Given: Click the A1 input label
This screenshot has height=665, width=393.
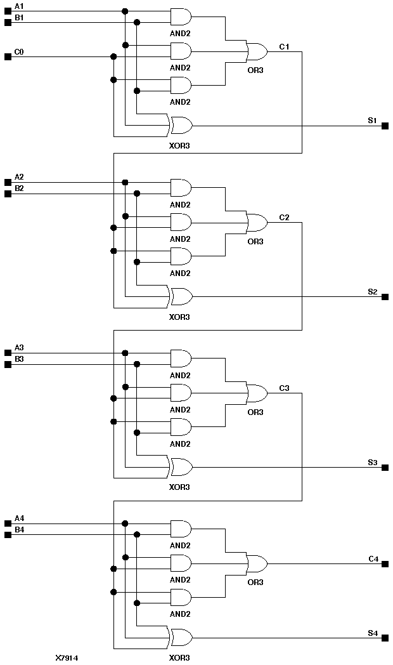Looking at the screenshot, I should [19, 6].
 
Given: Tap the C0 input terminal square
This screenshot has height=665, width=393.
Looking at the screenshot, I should [8, 56].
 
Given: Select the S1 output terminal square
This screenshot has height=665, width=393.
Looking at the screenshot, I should [385, 126].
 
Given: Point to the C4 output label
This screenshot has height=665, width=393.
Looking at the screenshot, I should [373, 558].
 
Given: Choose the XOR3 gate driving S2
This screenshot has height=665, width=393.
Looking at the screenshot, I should [181, 296].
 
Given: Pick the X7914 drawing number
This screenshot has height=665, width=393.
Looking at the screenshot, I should [67, 658].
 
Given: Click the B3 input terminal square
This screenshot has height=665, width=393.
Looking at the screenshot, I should [8, 364].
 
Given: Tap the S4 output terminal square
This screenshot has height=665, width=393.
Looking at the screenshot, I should [385, 638].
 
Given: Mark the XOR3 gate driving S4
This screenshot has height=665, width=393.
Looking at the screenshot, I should [181, 638].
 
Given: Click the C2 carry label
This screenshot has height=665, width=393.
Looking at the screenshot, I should [284, 218].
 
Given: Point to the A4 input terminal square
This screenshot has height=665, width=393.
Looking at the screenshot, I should [8, 523].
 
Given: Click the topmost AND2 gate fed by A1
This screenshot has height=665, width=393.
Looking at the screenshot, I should [181, 16].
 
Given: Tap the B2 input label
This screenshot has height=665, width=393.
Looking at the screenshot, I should [19, 188].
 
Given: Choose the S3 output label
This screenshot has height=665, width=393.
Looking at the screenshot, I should [373, 462].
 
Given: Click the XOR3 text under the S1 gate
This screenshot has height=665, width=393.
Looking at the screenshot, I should [179, 145].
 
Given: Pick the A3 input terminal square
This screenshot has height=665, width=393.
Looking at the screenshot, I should [8, 353].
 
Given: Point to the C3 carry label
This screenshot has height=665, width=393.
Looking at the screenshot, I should [284, 388].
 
